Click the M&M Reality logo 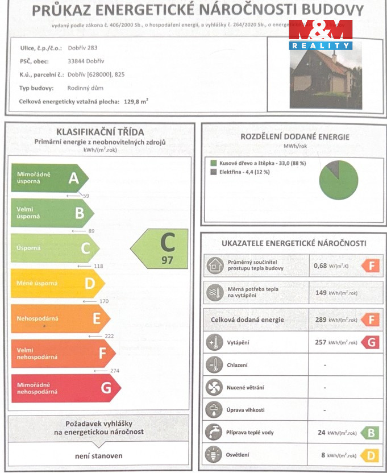pyautogui.click(x=320, y=34)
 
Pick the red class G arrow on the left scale pyautogui.click(x=66, y=388)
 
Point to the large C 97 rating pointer pyautogui.click(x=160, y=248)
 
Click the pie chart pyautogui.click(x=339, y=180)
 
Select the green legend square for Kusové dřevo pyautogui.click(x=213, y=163)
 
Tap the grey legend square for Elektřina pyautogui.click(x=213, y=172)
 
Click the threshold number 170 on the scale pyautogui.click(x=103, y=301)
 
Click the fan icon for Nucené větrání pyautogui.click(x=214, y=387)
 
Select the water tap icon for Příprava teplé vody pyautogui.click(x=214, y=432)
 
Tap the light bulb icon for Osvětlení pyautogui.click(x=214, y=455)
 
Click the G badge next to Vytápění pyautogui.click(x=370, y=342)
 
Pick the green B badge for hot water pyautogui.click(x=370, y=433)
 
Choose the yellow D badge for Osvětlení pyautogui.click(x=370, y=455)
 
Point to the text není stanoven pyautogui.click(x=98, y=455)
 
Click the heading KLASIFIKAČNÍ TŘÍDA pyautogui.click(x=100, y=132)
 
